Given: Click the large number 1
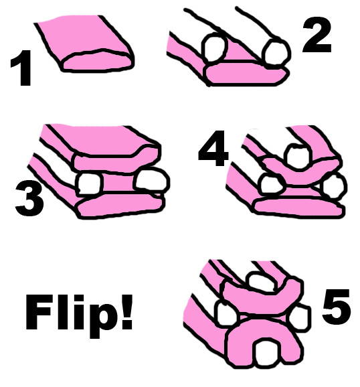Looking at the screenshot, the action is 22,68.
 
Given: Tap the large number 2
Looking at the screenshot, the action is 317,35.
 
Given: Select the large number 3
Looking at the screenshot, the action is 29,198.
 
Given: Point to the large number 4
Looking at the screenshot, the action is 213,148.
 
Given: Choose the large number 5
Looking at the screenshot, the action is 336,306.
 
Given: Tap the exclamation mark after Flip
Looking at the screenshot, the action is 127,311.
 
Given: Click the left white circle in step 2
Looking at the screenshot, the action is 214,48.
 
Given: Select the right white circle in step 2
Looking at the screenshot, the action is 276,54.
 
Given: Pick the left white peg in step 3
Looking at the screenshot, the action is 89,184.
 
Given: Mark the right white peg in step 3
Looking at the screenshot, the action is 151,181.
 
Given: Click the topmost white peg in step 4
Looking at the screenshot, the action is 298,157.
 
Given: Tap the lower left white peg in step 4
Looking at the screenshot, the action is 272,185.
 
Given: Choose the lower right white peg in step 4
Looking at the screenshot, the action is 334,185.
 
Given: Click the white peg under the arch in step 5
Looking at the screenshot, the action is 268,352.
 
